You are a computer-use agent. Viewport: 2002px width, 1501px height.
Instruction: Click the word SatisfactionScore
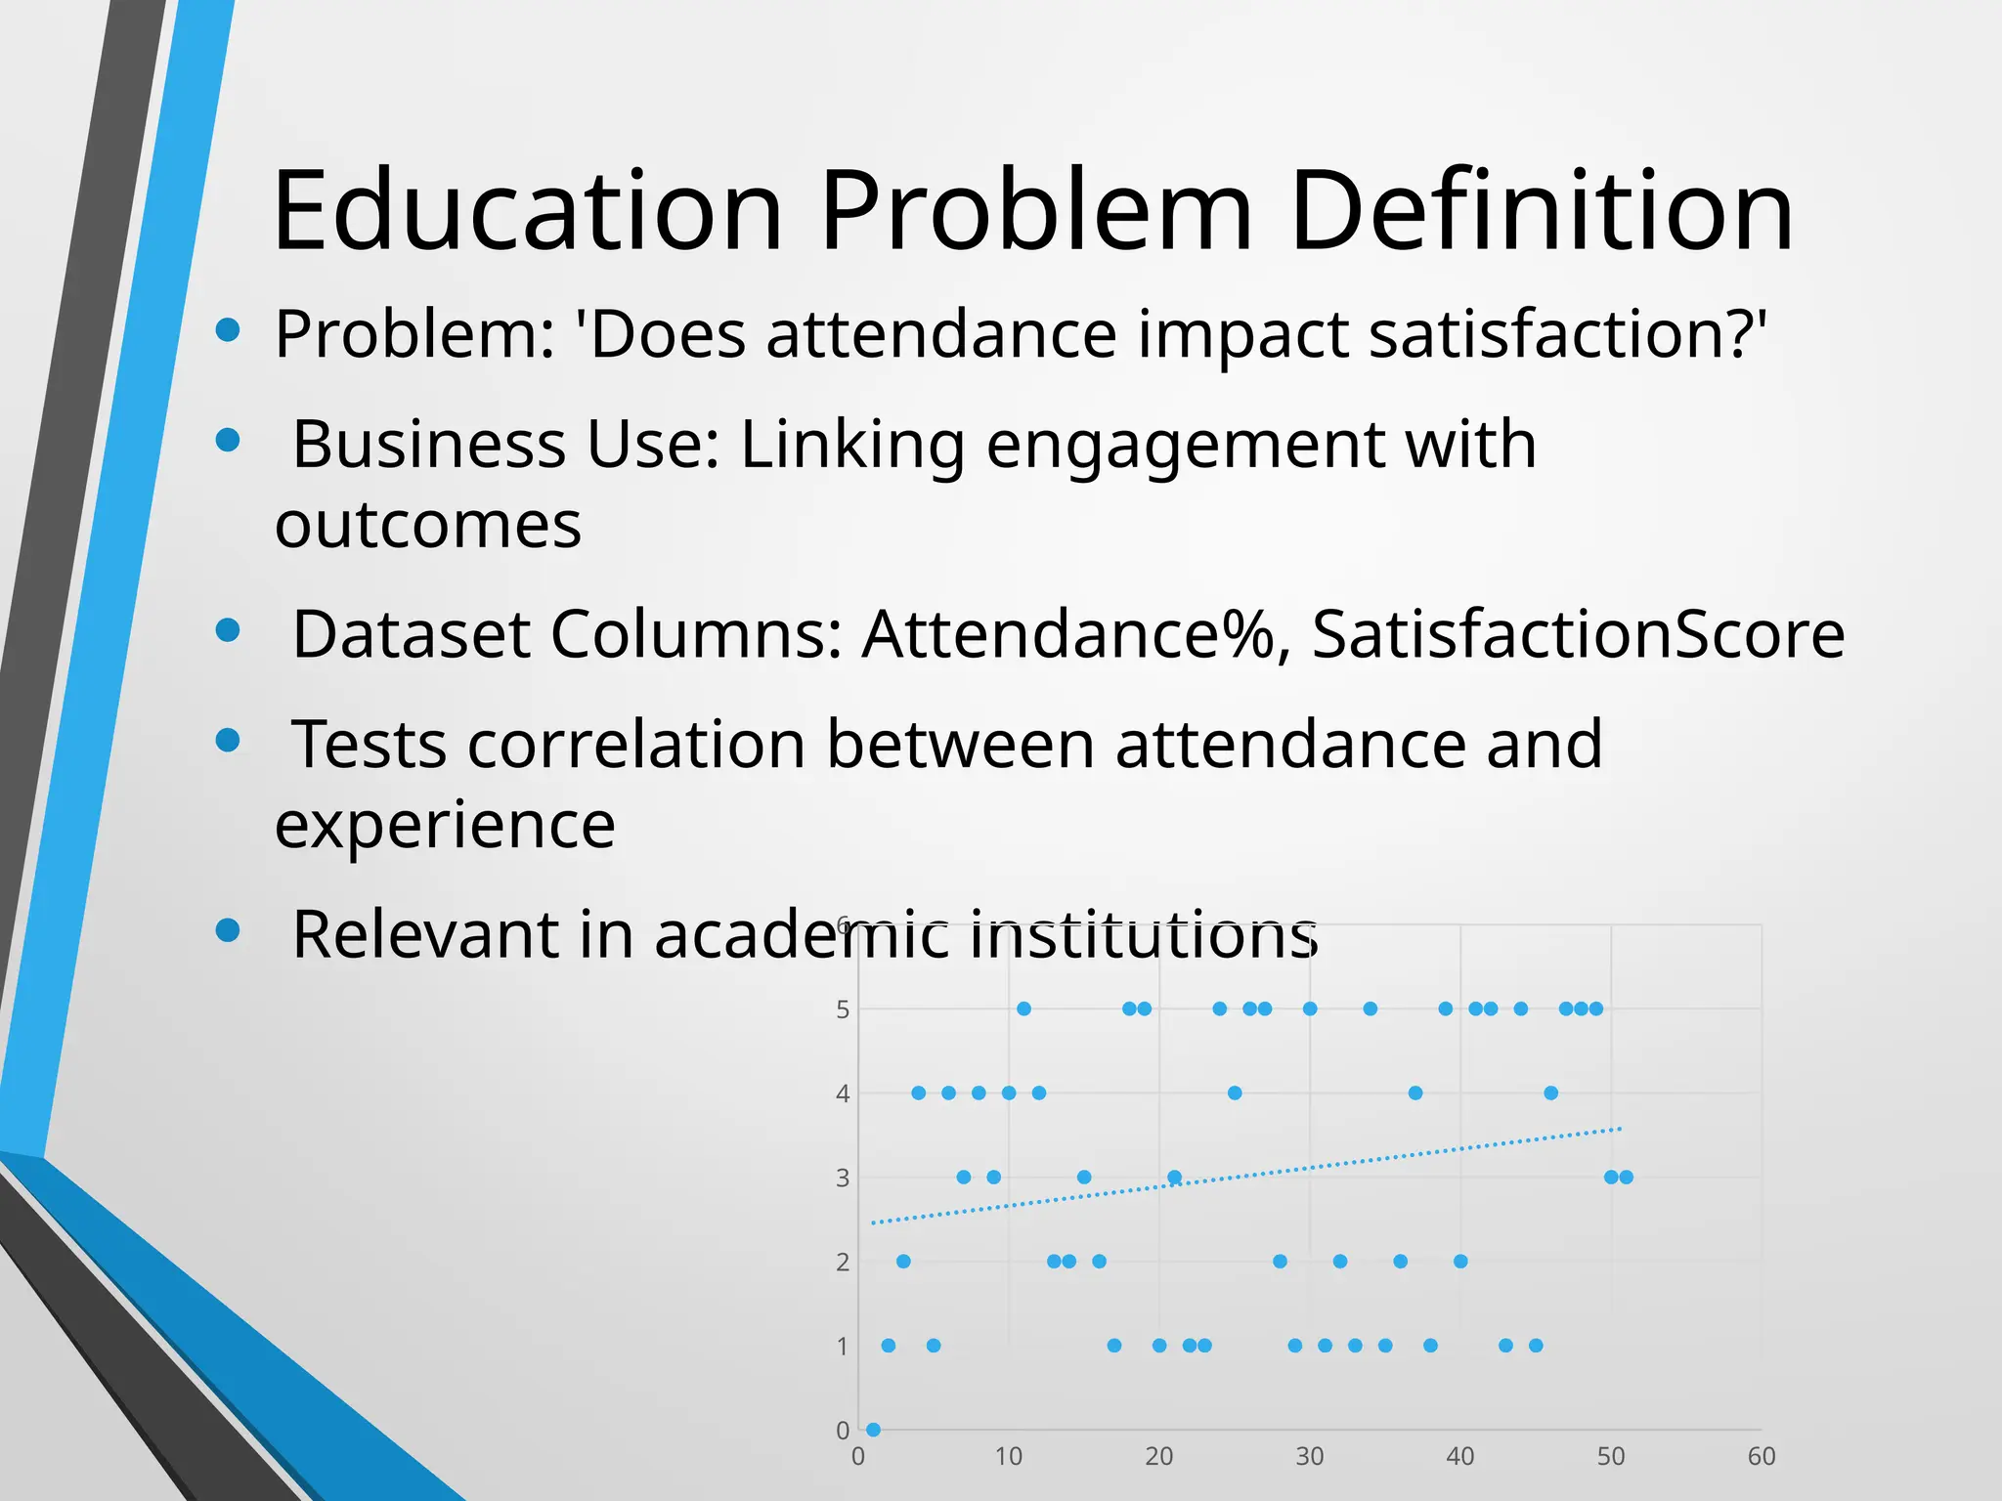[1577, 635]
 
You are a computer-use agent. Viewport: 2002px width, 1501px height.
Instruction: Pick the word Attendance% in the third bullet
[1068, 635]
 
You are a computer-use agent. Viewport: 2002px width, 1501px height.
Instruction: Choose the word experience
[445, 826]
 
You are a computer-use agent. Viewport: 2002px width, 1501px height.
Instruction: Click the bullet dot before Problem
[228, 329]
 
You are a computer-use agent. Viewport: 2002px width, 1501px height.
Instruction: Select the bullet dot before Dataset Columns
[228, 630]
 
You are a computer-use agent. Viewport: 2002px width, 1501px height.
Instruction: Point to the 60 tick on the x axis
[1762, 1457]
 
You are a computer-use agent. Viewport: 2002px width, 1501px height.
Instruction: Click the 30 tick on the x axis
[1310, 1457]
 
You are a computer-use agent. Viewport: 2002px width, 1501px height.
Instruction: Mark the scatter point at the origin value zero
[873, 1430]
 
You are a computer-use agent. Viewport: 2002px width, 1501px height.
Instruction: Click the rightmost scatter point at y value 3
[1627, 1177]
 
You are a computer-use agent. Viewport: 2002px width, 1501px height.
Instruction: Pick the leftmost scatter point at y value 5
[1023, 1008]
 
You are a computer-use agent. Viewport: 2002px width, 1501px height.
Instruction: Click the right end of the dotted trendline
[1620, 1129]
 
